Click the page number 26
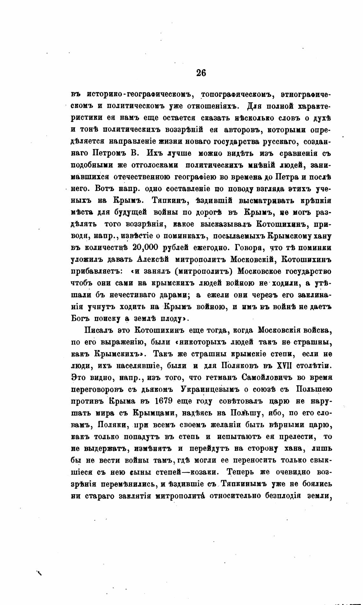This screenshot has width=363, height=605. (201, 73)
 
